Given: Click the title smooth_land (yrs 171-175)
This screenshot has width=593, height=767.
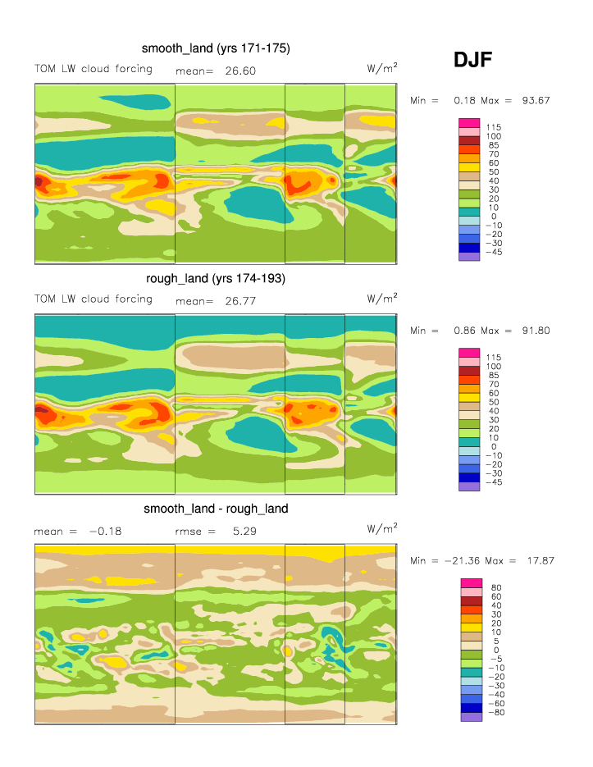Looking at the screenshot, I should point(216,49).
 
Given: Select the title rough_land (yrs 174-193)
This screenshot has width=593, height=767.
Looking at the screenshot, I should point(216,279).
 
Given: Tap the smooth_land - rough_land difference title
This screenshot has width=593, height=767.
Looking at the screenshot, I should point(216,509).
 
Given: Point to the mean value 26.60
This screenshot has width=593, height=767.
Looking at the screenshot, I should point(240,71).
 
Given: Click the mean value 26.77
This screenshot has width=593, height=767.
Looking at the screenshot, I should point(240,301).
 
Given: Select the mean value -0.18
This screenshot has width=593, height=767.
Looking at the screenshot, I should point(104,532).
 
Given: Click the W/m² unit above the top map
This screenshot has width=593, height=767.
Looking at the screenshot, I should point(382,69).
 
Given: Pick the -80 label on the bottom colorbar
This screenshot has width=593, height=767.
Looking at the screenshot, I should point(495,713).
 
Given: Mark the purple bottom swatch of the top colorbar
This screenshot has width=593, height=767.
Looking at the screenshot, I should point(468,257).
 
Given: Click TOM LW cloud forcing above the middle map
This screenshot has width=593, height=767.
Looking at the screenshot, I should point(93,299).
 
